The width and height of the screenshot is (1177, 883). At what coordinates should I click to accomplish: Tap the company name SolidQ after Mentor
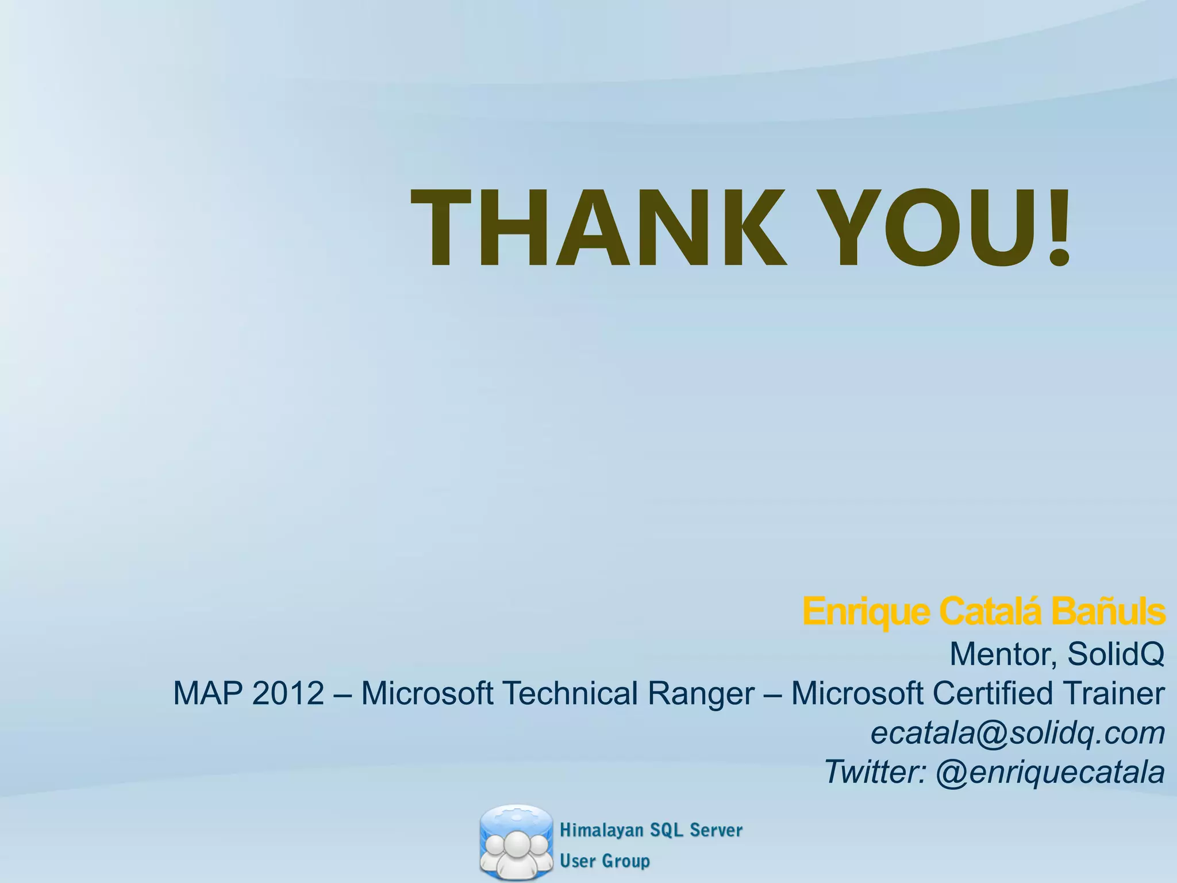point(1116,654)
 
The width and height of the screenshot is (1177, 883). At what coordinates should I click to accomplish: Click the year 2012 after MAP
point(288,693)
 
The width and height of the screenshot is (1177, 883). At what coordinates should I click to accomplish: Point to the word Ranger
point(701,694)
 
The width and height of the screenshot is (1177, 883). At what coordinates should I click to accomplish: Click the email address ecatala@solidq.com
point(1017,734)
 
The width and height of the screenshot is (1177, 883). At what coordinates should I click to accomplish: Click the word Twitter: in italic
point(875,772)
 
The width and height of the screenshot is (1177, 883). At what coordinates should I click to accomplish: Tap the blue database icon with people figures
point(516,843)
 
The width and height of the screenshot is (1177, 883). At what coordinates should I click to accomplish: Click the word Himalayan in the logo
point(601,830)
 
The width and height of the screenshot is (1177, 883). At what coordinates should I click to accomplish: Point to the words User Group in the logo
point(605,861)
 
